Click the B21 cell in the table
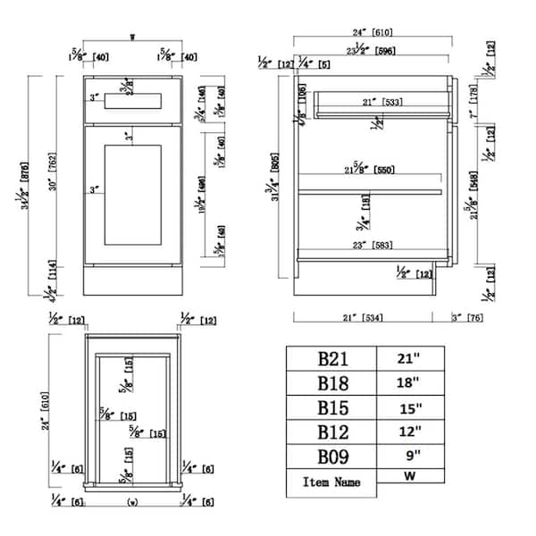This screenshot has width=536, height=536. click(x=331, y=360)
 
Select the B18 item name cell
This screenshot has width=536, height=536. click(x=331, y=385)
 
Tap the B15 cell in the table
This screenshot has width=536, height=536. click(x=331, y=410)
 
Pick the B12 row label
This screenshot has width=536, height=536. click(x=331, y=435)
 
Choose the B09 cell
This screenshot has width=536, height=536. click(x=331, y=459)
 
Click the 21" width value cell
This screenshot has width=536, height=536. click(x=407, y=359)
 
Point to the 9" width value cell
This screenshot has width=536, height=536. click(x=407, y=459)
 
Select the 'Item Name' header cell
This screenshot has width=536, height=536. click(x=331, y=483)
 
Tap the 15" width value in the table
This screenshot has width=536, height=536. click(x=407, y=409)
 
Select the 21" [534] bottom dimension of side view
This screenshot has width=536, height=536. click(x=363, y=316)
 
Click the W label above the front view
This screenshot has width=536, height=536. click(x=132, y=38)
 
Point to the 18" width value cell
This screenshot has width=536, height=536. click(x=407, y=384)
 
